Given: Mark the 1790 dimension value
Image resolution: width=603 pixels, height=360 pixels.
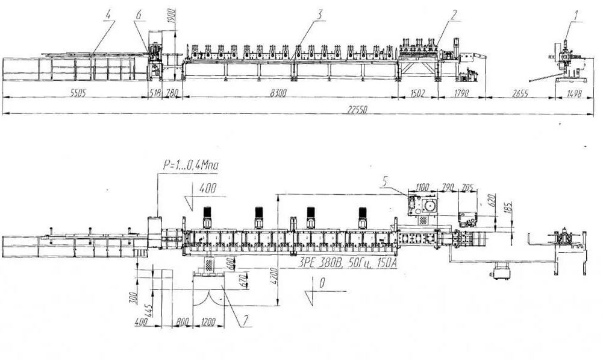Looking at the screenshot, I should click(x=459, y=93).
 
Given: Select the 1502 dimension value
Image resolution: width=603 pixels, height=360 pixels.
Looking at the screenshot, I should click(x=418, y=93).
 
